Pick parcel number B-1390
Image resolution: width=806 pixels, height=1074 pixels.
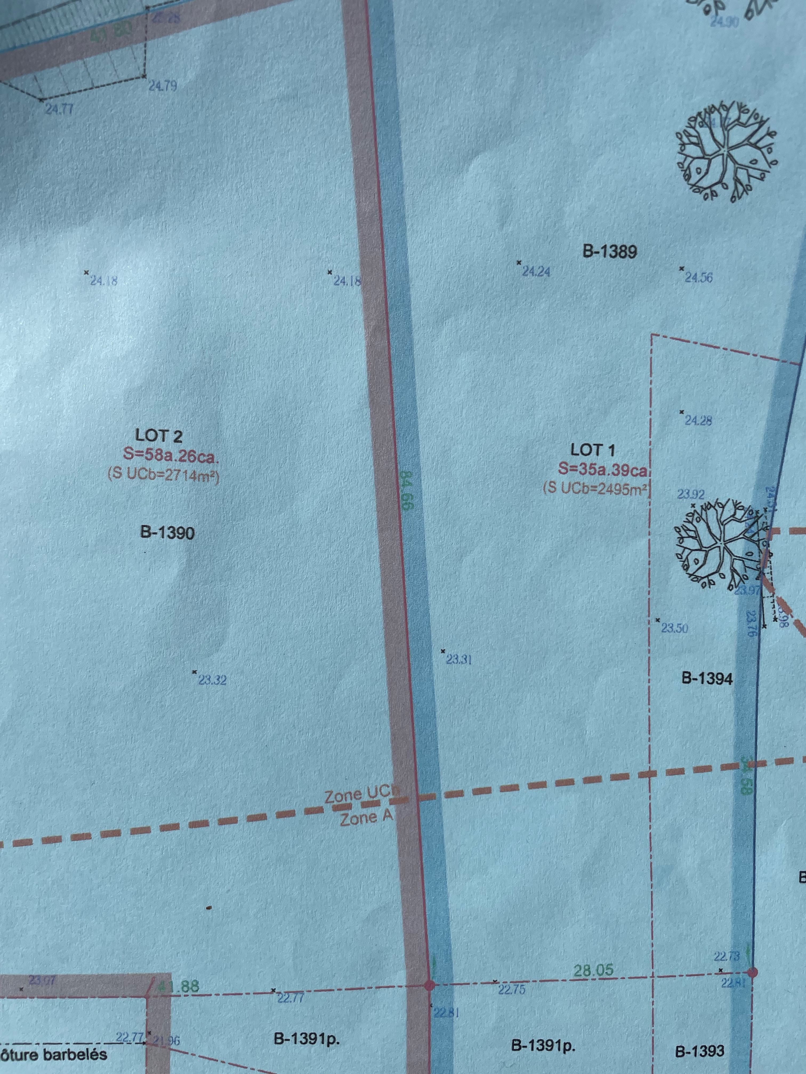[167, 533]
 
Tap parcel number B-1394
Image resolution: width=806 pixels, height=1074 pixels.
[707, 678]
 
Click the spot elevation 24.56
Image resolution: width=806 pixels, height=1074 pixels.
[698, 278]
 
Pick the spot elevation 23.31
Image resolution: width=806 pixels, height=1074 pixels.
[459, 659]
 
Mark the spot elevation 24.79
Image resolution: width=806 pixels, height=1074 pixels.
[163, 86]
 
